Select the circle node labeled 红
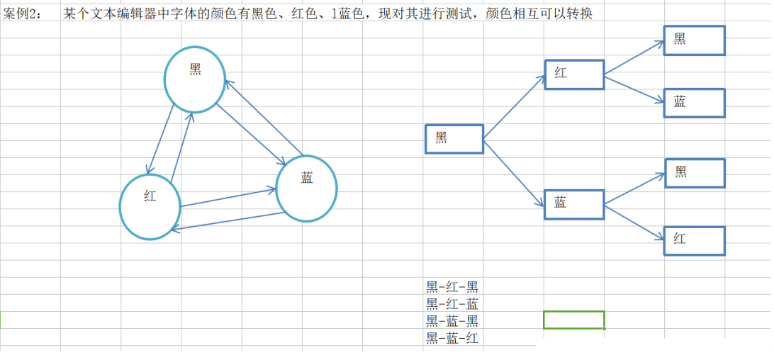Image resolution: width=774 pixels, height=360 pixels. click(150, 206)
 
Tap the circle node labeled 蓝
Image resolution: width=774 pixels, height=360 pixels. click(306, 188)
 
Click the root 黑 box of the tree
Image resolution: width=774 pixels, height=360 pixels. click(454, 139)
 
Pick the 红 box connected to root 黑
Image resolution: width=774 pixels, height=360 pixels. click(574, 74)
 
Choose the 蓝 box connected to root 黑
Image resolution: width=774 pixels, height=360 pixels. click(574, 204)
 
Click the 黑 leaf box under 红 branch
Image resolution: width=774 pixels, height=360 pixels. click(694, 40)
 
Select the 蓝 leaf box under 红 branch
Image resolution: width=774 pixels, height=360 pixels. click(694, 103)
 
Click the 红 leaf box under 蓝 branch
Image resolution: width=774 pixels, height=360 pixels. click(694, 240)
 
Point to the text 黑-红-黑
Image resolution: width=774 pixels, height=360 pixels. click(452, 286)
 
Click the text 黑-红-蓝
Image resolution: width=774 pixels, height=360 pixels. click(452, 304)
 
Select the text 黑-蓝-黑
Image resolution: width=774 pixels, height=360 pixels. click(452, 321)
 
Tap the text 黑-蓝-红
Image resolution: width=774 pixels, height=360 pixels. click(452, 338)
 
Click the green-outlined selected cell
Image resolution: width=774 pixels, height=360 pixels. click(573, 320)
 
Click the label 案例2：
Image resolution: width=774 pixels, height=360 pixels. click(23, 14)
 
